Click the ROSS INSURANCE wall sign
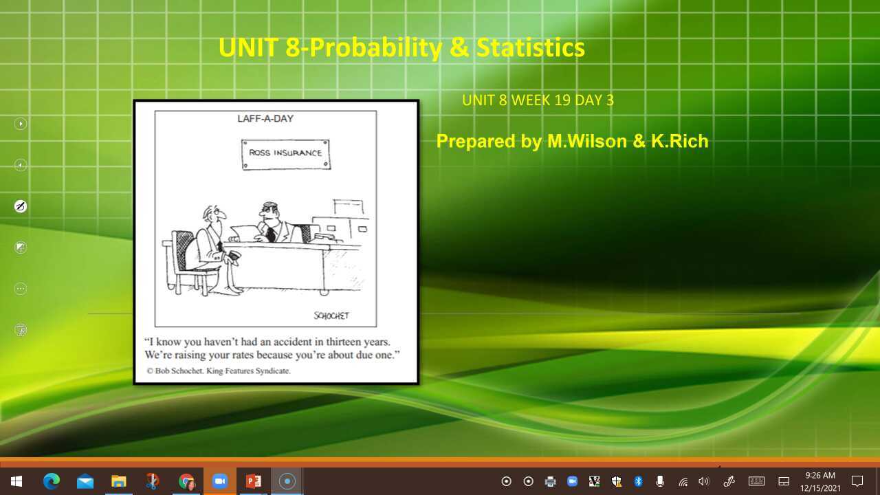coord(285,153)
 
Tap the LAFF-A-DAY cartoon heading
coord(265,118)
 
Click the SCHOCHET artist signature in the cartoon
coord(331,316)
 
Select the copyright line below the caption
coord(219,371)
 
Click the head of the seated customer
coord(214,217)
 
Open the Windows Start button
coord(16,481)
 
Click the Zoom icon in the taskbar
coord(220,481)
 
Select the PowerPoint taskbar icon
coord(254,481)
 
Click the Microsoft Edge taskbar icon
coord(52,481)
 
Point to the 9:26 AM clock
coord(820,476)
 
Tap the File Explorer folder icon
coord(119,481)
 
